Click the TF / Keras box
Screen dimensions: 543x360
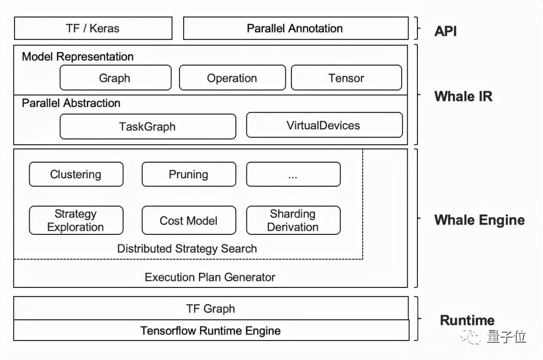coord(93,28)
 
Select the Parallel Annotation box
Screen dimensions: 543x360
coord(296,28)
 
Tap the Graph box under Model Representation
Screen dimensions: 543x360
coord(116,78)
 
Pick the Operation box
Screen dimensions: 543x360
coord(232,78)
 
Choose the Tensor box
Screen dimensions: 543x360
coord(347,78)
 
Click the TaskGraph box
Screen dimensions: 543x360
coord(148,127)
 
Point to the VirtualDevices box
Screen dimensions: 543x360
coord(325,125)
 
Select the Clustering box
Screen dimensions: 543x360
coord(76,174)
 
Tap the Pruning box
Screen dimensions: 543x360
coord(189,174)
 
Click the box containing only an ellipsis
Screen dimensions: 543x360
coord(293,174)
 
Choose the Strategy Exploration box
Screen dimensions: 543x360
coord(76,220)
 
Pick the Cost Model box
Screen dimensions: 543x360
coord(189,220)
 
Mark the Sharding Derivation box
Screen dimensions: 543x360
coord(293,220)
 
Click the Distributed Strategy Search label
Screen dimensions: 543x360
coord(187,249)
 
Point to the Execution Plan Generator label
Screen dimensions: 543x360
coord(210,277)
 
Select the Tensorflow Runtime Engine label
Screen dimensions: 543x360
coord(210,331)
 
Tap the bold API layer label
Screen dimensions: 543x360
coord(445,31)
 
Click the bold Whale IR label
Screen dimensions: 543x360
coord(464,96)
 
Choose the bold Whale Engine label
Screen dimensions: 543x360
coord(479,220)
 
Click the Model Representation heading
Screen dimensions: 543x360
coord(78,57)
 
